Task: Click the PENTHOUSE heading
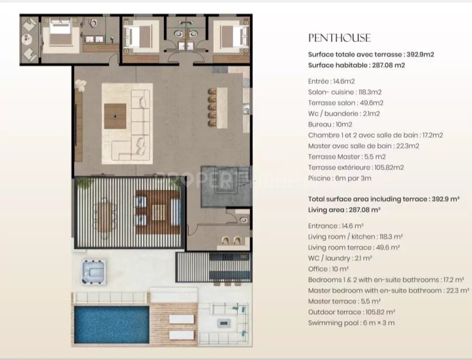tap(339, 38)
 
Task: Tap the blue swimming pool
tap(112, 325)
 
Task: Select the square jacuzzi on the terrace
tap(94, 272)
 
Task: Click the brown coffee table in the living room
tap(115, 116)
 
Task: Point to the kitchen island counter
tap(222, 107)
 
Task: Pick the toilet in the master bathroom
tap(94, 23)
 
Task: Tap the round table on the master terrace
tap(27, 38)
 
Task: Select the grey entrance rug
tap(226, 186)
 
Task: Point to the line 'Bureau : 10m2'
tap(330, 125)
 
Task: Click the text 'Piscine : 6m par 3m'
tap(340, 178)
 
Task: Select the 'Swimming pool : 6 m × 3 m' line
tap(351, 323)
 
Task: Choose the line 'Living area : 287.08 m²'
tap(344, 210)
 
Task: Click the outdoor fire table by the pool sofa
tap(224, 323)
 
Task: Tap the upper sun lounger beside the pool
tap(181, 319)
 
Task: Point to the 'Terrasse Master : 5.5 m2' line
tap(347, 157)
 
